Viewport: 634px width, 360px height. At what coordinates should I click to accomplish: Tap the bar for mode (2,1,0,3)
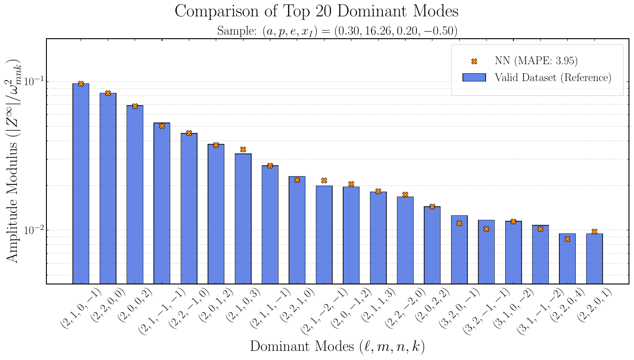[x=243, y=218]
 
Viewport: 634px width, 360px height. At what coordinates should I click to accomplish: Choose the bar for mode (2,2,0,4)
[x=567, y=259]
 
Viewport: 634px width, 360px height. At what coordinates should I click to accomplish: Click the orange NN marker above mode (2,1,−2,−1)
[x=324, y=181]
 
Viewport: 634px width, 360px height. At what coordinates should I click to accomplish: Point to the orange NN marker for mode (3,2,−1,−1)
[x=486, y=229]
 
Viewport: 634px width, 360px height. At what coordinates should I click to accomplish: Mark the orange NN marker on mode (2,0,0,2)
[x=135, y=106]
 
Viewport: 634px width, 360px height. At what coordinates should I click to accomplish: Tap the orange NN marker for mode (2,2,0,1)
[x=594, y=232]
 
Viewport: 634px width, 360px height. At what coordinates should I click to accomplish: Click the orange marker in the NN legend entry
[x=474, y=61]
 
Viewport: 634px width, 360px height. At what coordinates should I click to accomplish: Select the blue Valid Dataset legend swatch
[x=474, y=77]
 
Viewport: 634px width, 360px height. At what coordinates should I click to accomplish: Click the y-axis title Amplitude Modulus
[x=14, y=161]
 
